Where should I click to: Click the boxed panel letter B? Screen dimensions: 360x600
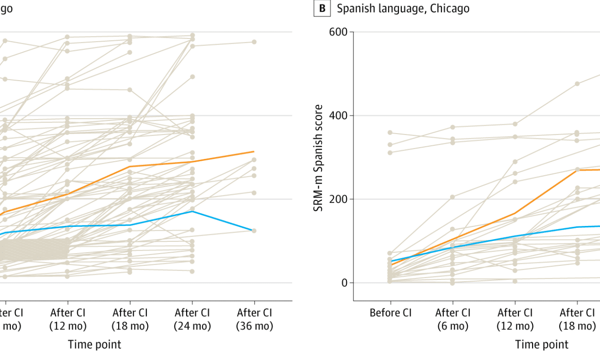coord(322,8)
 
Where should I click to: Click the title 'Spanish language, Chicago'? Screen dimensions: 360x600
coord(403,8)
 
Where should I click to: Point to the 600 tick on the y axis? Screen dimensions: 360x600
coord(337,32)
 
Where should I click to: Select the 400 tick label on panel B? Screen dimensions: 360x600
coord(337,116)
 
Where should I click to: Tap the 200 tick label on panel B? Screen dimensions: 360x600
coord(337,199)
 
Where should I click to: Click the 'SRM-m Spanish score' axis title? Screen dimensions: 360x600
coord(319,158)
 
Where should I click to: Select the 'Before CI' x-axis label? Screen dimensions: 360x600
coord(390,313)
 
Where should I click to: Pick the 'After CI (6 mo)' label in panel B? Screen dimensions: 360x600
coord(452,319)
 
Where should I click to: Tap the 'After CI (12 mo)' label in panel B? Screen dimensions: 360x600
coord(515,319)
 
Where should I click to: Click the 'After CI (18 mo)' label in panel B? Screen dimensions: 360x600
coord(577,319)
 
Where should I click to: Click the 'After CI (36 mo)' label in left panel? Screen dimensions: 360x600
coord(254,319)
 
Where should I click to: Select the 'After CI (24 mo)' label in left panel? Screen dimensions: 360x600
coord(192,319)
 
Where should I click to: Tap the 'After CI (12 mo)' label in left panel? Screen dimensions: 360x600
coord(67,319)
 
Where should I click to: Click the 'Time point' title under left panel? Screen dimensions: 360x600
coord(94,345)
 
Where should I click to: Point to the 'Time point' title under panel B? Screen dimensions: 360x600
coord(542,345)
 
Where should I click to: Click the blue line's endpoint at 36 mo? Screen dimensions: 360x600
coord(254,231)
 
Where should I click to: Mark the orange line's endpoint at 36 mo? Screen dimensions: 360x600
coord(254,151)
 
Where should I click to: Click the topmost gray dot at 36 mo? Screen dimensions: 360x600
coord(254,42)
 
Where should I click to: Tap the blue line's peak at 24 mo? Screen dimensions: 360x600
coord(192,211)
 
